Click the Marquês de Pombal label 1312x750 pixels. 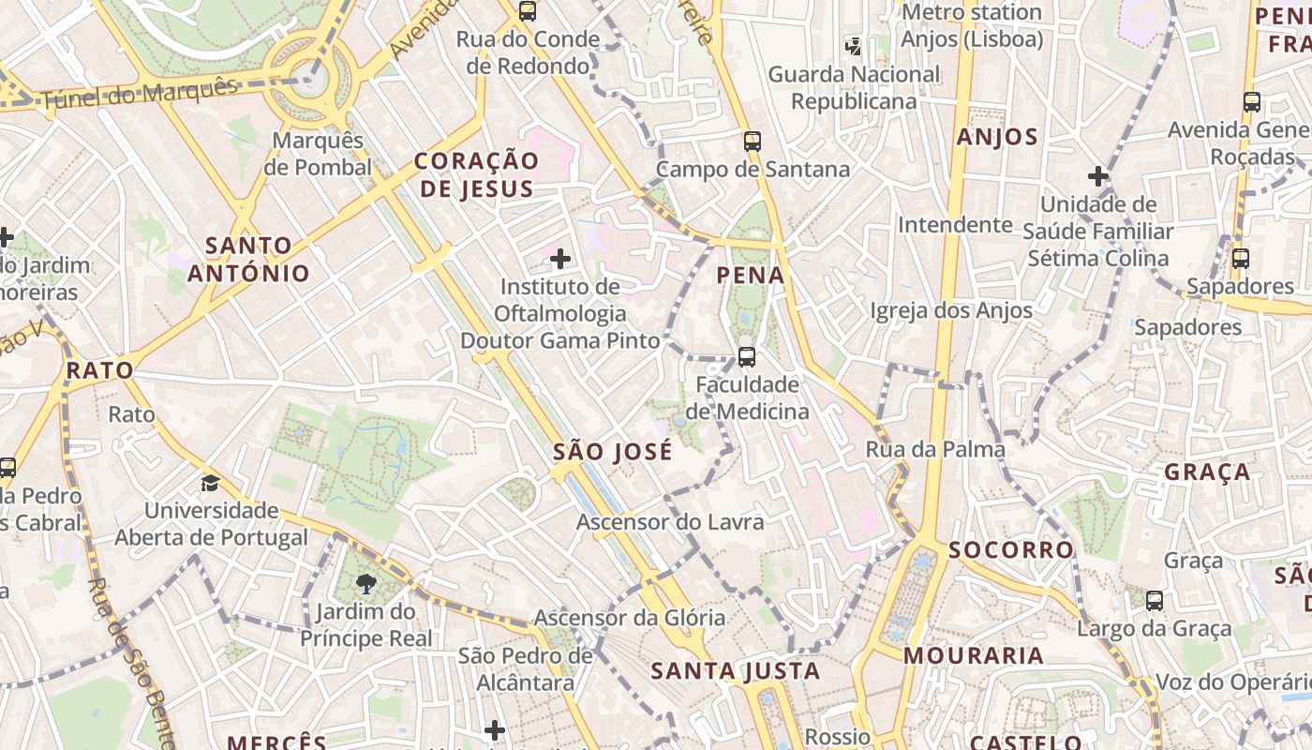click(318, 154)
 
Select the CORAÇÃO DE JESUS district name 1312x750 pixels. click(476, 174)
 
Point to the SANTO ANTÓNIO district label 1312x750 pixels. click(248, 260)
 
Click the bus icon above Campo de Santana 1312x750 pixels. click(753, 142)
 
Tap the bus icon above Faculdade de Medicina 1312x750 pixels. click(746, 357)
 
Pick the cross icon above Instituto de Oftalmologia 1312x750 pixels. click(560, 259)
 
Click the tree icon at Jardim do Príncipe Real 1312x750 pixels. click(366, 585)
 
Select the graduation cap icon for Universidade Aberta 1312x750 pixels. click(211, 483)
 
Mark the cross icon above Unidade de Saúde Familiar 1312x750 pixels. click(1097, 175)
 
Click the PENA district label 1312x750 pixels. click(750, 275)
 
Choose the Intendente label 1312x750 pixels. click(955, 225)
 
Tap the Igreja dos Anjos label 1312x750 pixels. click(950, 310)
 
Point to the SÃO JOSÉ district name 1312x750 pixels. click(612, 452)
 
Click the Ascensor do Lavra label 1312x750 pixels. click(670, 521)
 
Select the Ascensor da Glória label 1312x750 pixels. click(629, 617)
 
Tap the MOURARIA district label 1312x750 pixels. click(973, 655)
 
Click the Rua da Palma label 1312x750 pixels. click(934, 449)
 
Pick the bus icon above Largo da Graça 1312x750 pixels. click(1155, 601)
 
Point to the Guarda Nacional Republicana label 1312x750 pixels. click(853, 87)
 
